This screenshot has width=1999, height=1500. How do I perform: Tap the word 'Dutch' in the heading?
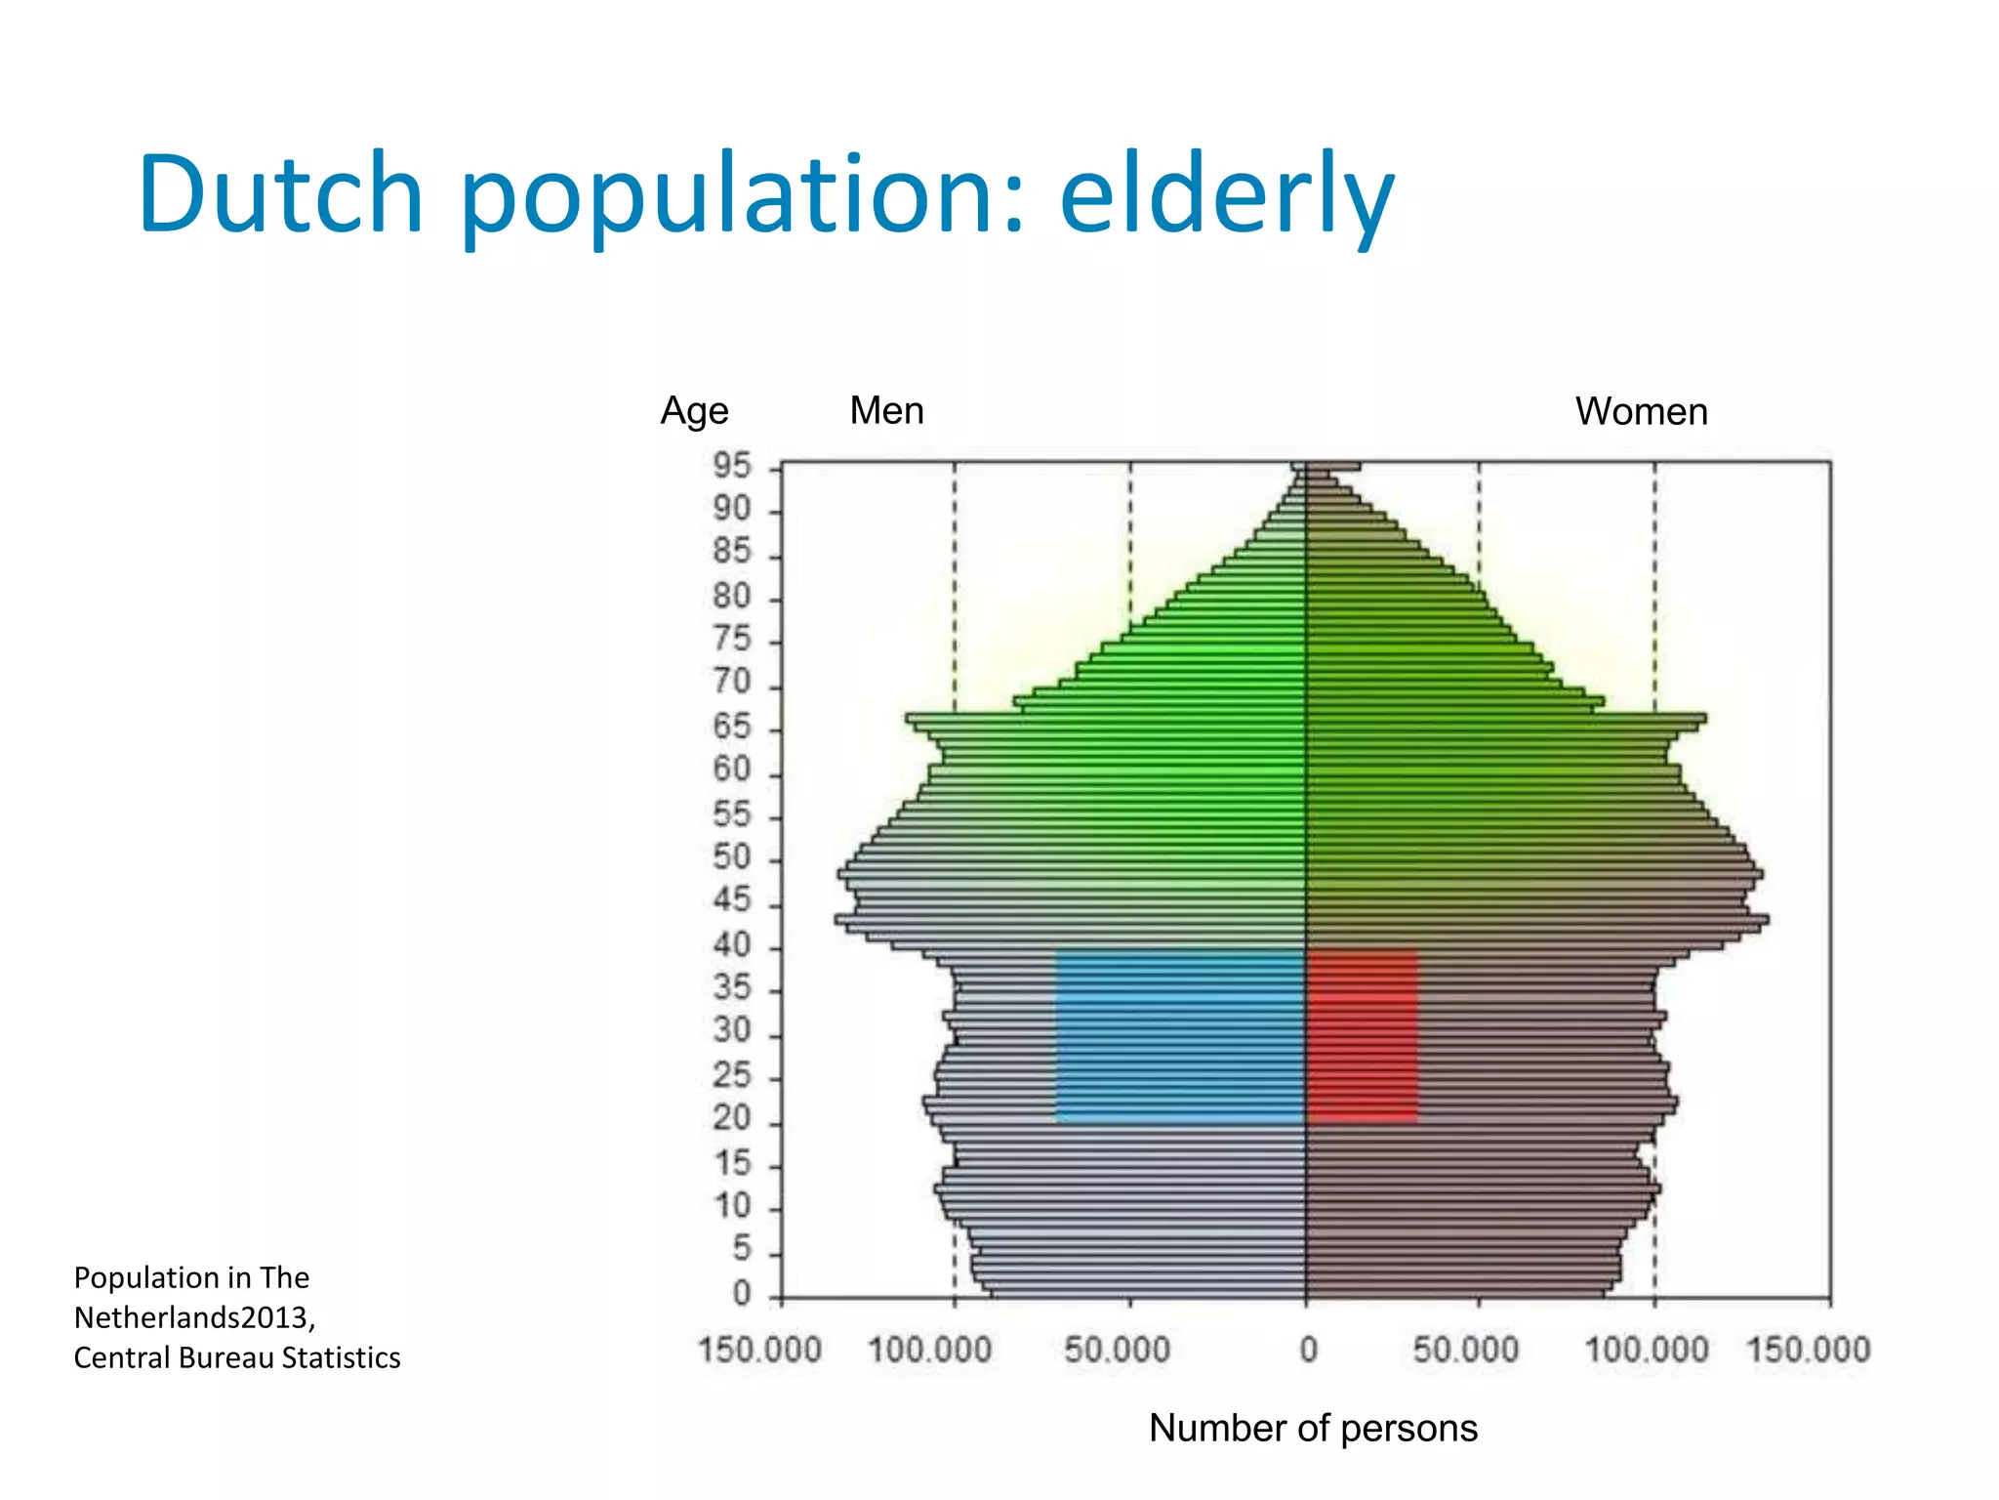pyautogui.click(x=281, y=195)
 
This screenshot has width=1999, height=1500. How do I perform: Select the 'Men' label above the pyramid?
pyautogui.click(x=886, y=410)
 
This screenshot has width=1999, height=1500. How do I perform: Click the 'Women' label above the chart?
pyautogui.click(x=1641, y=411)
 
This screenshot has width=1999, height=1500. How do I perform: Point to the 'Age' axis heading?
pyautogui.click(x=694, y=410)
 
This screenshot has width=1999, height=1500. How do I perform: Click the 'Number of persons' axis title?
pyautogui.click(x=1313, y=1428)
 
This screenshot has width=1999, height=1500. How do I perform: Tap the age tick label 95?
pyautogui.click(x=732, y=467)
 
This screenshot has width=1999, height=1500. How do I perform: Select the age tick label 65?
pyautogui.click(x=732, y=728)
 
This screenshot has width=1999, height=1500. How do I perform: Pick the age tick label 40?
pyautogui.click(x=732, y=945)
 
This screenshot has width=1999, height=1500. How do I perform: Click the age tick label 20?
pyautogui.click(x=732, y=1118)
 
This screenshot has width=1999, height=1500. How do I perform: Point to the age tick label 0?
pyautogui.click(x=742, y=1295)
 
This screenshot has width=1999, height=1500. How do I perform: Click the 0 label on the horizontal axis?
pyautogui.click(x=1308, y=1351)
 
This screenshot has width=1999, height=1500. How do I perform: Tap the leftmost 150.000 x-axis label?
pyautogui.click(x=759, y=1351)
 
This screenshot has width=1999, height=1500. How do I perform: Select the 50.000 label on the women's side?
pyautogui.click(x=1465, y=1351)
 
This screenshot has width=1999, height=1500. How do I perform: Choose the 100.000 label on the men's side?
pyautogui.click(x=929, y=1351)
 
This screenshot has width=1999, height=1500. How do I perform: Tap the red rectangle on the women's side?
pyautogui.click(x=1363, y=1035)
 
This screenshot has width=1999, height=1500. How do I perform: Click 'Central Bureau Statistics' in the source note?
pyautogui.click(x=237, y=1357)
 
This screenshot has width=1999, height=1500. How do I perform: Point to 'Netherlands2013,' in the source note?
pyautogui.click(x=194, y=1317)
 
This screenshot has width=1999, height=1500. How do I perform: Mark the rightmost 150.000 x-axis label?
pyautogui.click(x=1808, y=1351)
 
